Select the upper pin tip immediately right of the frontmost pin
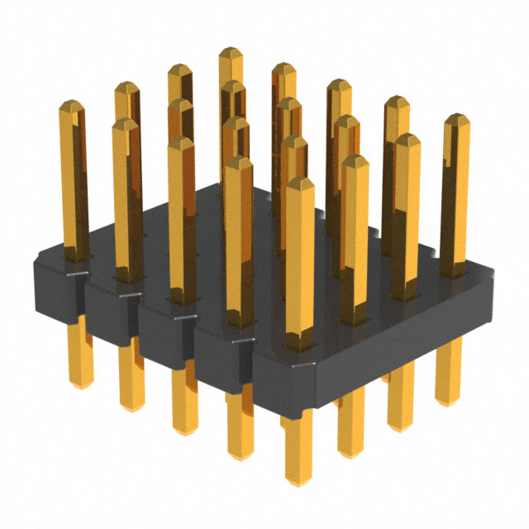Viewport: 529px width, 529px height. click(355, 159)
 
